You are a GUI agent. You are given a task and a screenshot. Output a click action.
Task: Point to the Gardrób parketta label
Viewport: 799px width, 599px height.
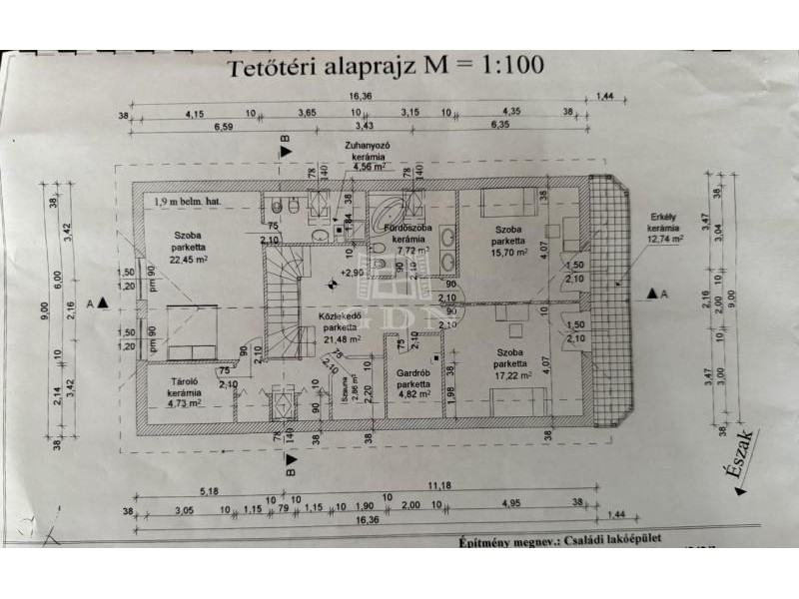point(412,384)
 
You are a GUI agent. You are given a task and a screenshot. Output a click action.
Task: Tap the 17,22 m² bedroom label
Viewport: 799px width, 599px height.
point(509,364)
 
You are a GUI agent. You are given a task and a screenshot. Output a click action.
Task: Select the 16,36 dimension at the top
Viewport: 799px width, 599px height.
point(358,97)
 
